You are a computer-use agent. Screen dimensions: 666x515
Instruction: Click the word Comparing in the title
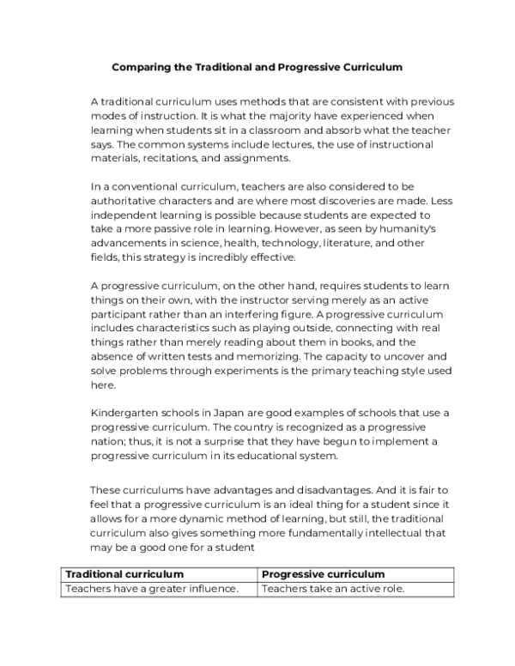coord(142,65)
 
